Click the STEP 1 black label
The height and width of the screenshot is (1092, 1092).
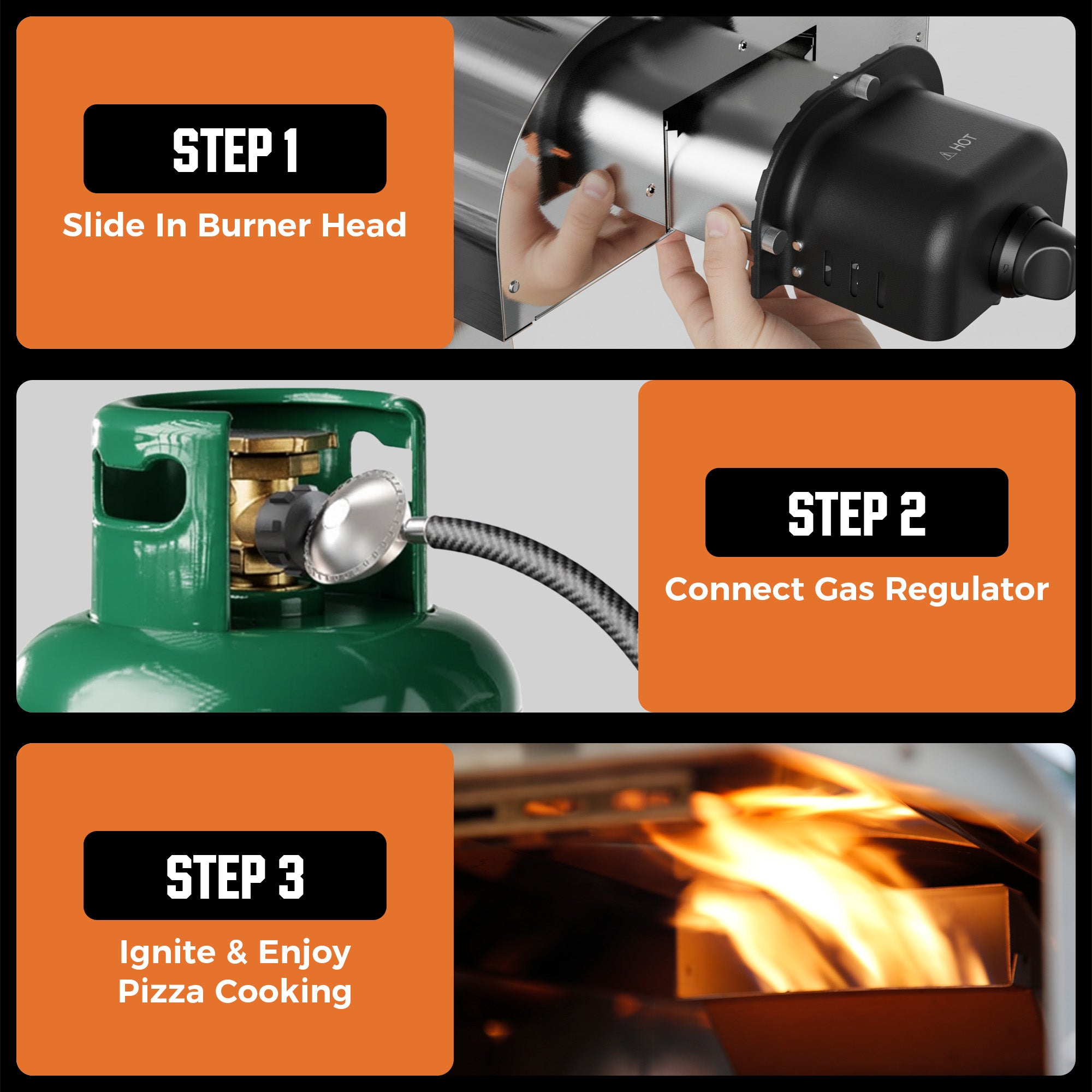pos(235,149)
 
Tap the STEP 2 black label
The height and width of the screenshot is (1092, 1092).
pos(856,512)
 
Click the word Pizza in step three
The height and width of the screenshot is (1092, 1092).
pos(161,992)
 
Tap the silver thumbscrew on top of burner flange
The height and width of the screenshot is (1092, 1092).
pos(863,85)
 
